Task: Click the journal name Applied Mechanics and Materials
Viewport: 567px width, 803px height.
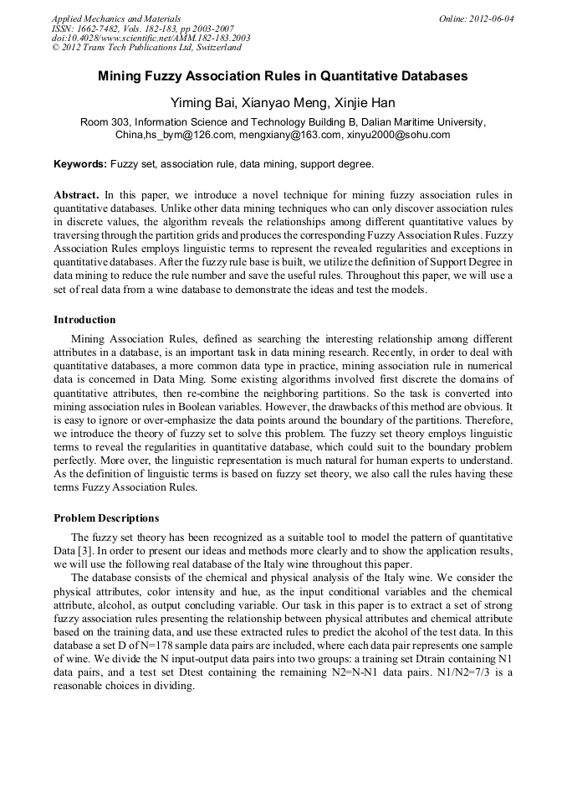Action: click(115, 18)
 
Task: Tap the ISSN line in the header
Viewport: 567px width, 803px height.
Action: click(141, 28)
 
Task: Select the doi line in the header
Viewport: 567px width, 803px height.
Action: click(151, 38)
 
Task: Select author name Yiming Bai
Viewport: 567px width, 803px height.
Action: click(201, 103)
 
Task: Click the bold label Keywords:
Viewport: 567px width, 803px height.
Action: click(80, 163)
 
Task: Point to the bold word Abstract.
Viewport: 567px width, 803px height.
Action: click(77, 194)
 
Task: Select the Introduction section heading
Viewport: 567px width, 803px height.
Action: click(84, 319)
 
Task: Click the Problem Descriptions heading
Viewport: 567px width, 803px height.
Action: click(106, 517)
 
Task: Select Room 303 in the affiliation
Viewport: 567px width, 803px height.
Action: click(105, 122)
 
